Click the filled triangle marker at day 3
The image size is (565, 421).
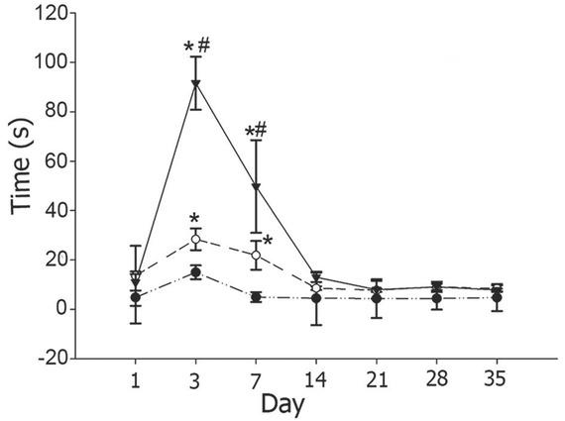click(x=196, y=83)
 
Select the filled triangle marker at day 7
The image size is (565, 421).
click(x=257, y=187)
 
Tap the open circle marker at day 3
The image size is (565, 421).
click(x=196, y=240)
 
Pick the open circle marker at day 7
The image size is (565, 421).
click(x=257, y=255)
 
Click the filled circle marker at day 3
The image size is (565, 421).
click(x=196, y=272)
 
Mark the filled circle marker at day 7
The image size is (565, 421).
click(x=257, y=297)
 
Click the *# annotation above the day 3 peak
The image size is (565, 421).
click(x=195, y=46)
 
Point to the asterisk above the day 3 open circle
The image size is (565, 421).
click(x=196, y=219)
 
